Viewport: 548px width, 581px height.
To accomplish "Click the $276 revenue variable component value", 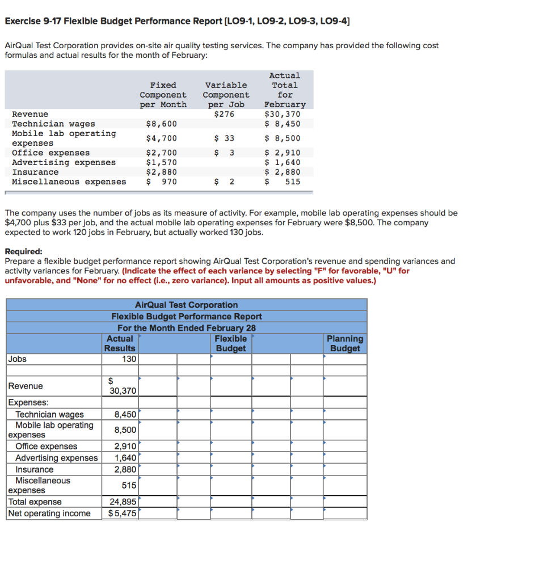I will click(224, 114).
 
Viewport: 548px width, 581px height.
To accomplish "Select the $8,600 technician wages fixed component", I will click(162, 124).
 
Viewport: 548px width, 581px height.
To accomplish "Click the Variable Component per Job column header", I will click(226, 95).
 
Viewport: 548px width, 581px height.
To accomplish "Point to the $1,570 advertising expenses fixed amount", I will click(162, 162).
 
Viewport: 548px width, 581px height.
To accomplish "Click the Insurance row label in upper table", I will click(35, 172).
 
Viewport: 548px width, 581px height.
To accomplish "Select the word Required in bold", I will click(23, 251).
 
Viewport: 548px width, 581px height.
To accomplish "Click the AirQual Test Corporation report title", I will click(187, 305).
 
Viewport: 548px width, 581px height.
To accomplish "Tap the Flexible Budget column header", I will click(231, 343).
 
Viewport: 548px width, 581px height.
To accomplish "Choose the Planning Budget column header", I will click(345, 343).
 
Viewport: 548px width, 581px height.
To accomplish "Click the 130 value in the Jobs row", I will click(129, 359).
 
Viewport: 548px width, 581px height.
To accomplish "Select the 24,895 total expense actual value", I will click(123, 502).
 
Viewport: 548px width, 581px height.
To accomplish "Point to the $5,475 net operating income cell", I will click(123, 513).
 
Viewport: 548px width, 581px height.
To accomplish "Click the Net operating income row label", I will click(49, 513).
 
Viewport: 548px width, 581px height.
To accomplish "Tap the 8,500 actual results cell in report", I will click(125, 430).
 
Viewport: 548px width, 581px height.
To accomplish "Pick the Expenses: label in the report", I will click(28, 402).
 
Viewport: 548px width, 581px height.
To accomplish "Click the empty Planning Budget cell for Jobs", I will click(345, 359).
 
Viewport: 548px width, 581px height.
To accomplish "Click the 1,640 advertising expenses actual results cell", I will click(125, 458).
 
